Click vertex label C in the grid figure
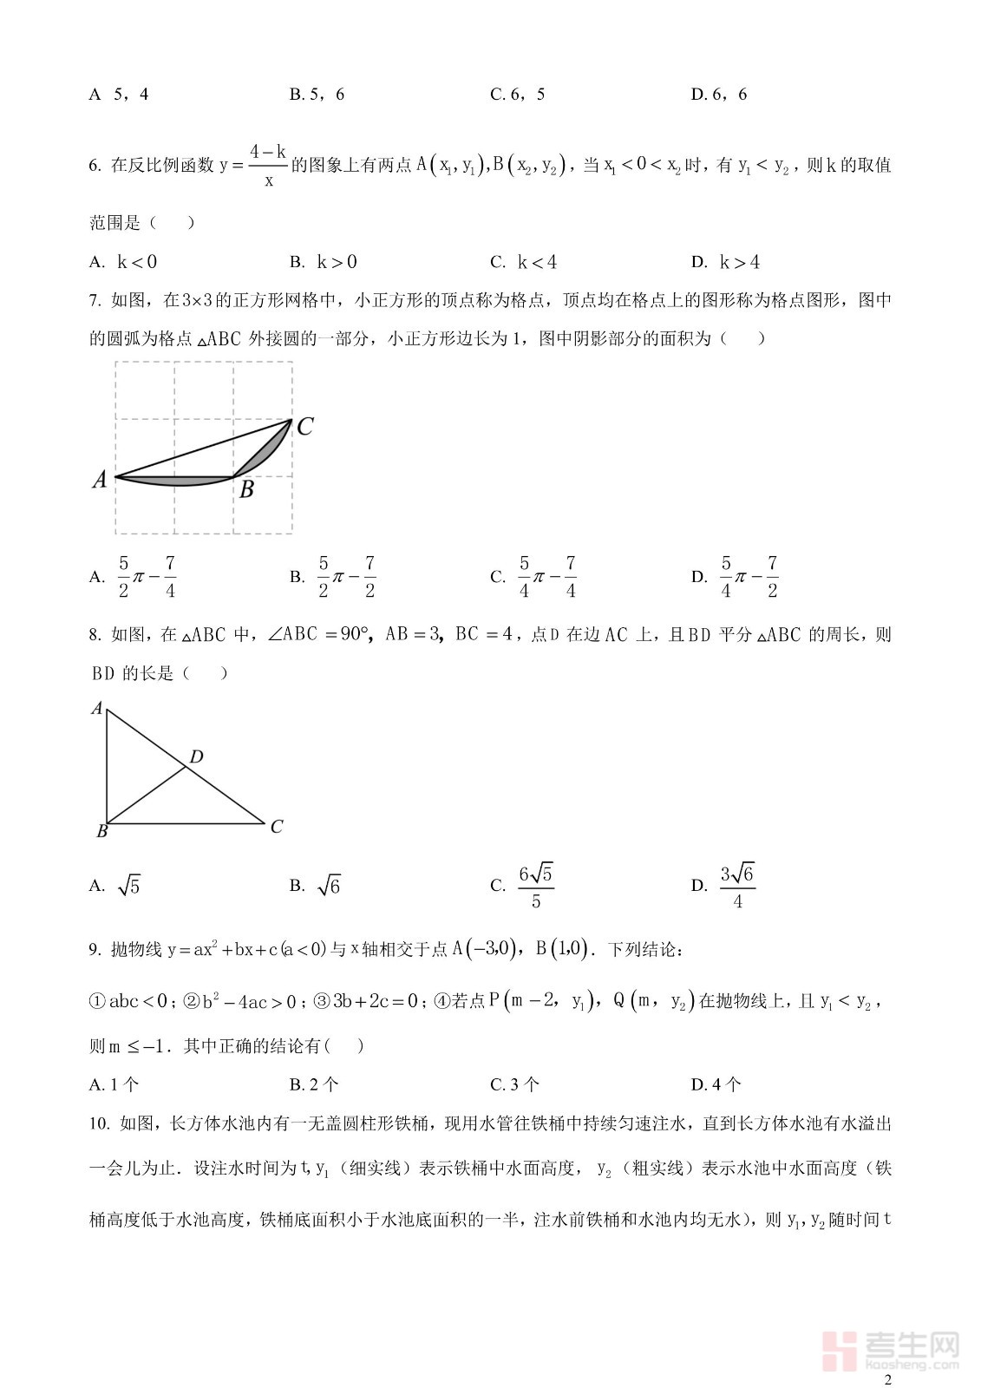(304, 427)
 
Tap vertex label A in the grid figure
(100, 479)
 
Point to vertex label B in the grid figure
(246, 490)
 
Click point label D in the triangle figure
(197, 757)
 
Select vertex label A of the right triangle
(97, 709)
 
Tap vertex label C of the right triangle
(276, 827)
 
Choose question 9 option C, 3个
(515, 1084)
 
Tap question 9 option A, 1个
(114, 1084)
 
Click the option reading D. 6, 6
(719, 95)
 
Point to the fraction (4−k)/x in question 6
(268, 166)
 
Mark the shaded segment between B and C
(270, 449)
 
